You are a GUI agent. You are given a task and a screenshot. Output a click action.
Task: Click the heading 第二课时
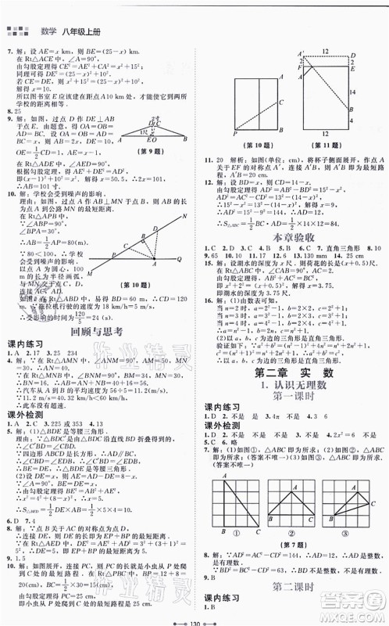291,582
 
